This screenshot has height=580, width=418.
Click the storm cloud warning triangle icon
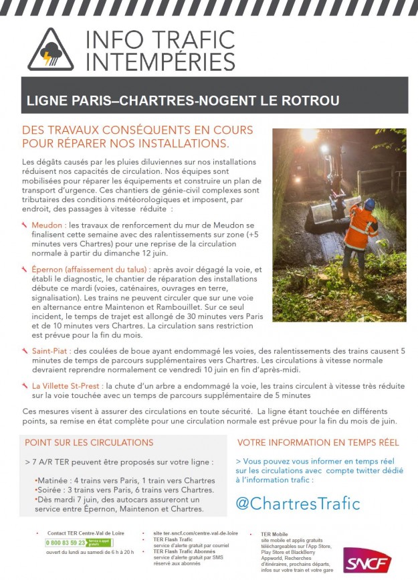click(51, 51)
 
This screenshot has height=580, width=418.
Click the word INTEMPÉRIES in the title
click(161, 62)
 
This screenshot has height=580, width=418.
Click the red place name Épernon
click(52, 270)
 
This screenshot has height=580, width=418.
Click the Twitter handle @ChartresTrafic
click(297, 503)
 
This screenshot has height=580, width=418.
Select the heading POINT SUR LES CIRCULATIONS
click(89, 442)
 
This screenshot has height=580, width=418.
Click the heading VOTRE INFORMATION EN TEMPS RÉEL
click(318, 442)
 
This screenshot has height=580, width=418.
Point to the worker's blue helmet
click(369, 203)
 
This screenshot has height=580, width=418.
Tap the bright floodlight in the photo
click(310, 135)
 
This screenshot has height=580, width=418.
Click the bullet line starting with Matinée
click(125, 480)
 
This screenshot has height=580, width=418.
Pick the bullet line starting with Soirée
click(125, 490)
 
